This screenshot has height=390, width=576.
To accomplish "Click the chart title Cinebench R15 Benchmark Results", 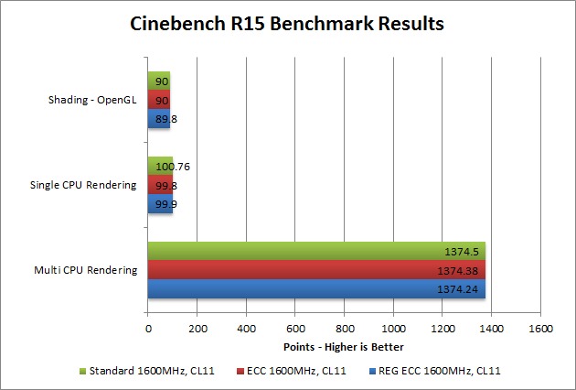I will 288,23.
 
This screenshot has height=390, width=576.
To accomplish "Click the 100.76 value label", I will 172,167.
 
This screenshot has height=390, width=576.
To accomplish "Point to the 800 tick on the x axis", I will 345,328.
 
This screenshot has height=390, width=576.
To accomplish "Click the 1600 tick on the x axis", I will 541,328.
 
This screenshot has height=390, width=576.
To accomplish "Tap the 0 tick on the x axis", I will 148,328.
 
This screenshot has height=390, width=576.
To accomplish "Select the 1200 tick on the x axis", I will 443,328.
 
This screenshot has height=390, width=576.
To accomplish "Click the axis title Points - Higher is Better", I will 345,347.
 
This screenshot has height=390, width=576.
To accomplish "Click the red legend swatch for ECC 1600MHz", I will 240,372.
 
